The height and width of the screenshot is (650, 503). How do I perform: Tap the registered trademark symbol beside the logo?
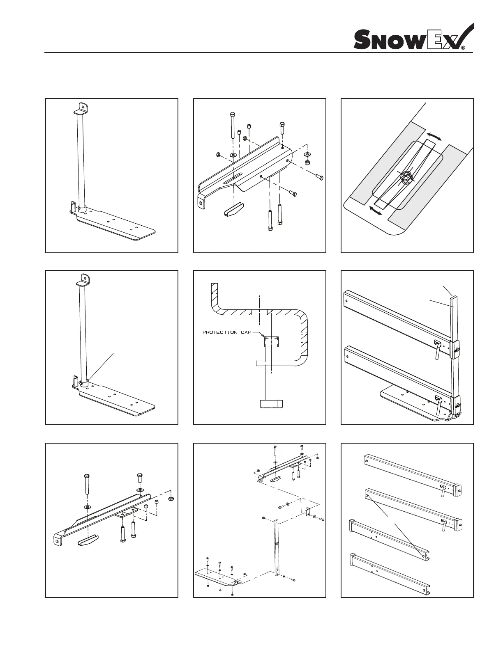463,48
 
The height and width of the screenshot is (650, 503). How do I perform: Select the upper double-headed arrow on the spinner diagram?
434,137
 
